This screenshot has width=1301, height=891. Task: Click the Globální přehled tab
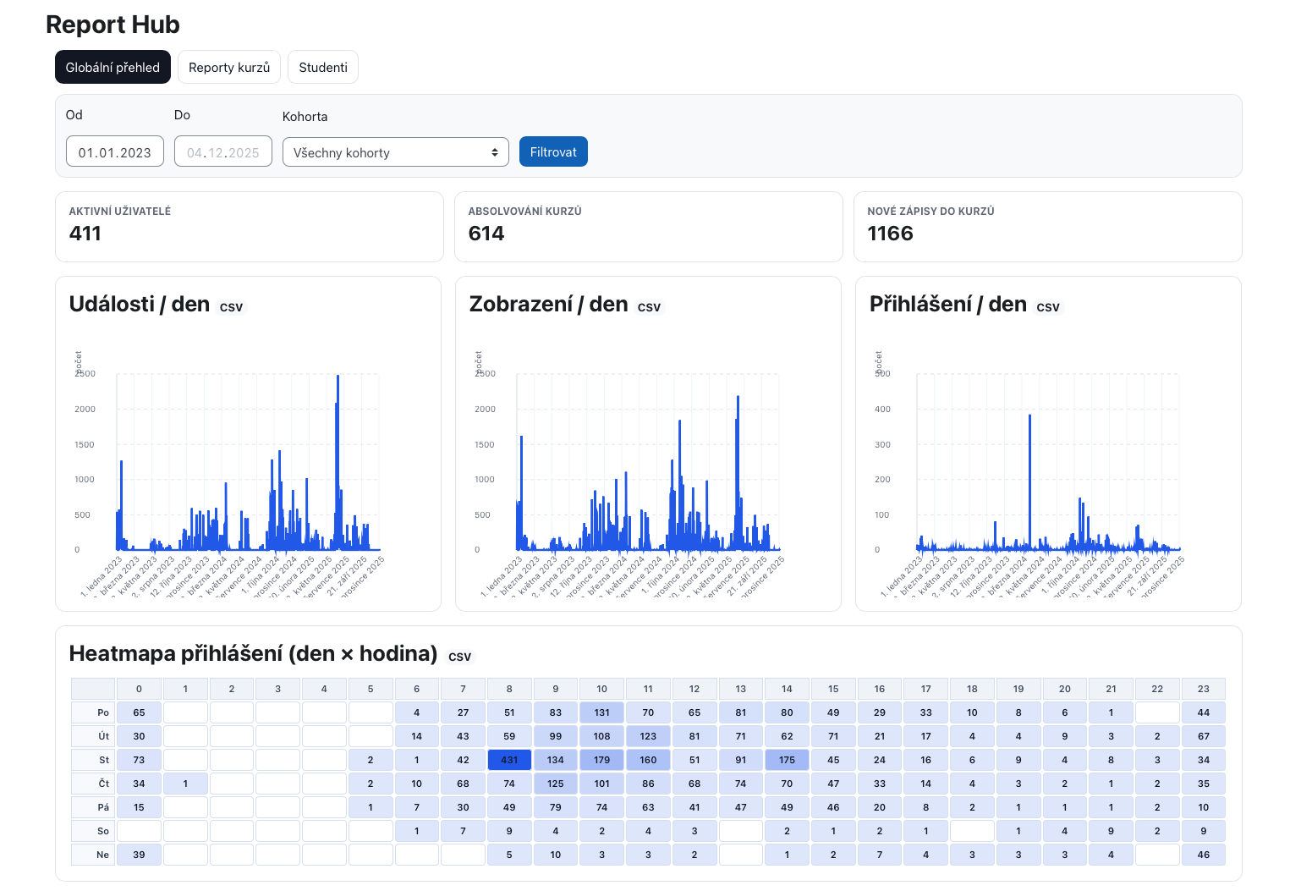113,68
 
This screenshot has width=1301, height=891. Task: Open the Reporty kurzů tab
229,68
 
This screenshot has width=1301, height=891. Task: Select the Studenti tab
323,68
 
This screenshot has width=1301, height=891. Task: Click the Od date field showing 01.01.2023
115,152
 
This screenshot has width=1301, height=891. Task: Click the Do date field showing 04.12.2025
223,152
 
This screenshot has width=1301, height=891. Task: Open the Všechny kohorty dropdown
395,152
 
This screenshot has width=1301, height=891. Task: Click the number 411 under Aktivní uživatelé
85,234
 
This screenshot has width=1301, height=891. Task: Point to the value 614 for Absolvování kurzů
486,234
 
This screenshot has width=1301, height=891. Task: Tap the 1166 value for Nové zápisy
890,234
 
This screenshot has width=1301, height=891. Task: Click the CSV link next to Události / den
231,307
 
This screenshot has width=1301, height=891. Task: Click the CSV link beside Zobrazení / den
649,307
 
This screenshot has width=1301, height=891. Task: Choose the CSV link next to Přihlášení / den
1047,307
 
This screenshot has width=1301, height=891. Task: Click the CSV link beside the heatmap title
459,657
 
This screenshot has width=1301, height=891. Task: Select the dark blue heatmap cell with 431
509,760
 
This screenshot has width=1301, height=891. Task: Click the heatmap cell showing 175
787,760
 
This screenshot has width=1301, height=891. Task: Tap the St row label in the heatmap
103,760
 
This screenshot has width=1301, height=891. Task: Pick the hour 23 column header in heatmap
1203,689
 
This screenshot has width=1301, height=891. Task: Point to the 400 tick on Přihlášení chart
882,410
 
